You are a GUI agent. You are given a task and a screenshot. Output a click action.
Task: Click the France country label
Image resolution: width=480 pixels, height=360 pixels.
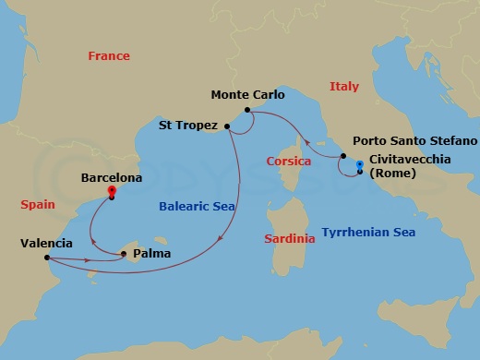coord(109,56)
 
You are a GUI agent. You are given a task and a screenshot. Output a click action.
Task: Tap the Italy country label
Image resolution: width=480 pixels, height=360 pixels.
coord(343,87)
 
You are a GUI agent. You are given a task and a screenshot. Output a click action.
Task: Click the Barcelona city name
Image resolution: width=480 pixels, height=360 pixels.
coord(112,176)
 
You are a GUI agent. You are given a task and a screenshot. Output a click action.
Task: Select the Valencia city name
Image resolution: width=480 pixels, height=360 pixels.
coord(46,244)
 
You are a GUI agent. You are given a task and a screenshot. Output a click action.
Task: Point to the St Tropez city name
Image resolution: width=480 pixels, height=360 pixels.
coord(188,126)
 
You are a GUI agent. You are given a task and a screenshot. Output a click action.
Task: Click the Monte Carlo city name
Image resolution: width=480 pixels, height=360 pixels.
coord(247,95)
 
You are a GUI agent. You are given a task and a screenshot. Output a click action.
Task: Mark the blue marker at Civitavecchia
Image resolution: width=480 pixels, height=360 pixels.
coord(358,165)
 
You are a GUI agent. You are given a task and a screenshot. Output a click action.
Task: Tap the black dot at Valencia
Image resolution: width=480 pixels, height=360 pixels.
coord(47,258)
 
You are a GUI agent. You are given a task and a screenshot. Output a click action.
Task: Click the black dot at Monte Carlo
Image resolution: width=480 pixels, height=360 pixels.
coord(247,111)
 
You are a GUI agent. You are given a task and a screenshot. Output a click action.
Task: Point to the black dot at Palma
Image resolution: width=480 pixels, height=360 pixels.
coord(125,254)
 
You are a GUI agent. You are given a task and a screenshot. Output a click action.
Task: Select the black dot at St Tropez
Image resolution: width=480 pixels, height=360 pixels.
coord(227,126)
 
